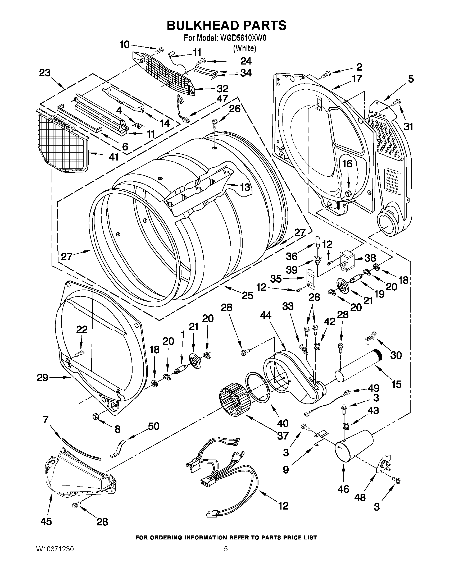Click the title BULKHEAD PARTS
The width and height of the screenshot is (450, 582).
pyautogui.click(x=226, y=25)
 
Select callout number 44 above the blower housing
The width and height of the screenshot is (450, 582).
pyautogui.click(x=266, y=315)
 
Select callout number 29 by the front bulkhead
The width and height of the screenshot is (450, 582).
pyautogui.click(x=43, y=378)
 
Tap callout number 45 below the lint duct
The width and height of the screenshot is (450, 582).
pyautogui.click(x=46, y=521)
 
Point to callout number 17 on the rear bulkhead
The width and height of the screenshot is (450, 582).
pyautogui.click(x=357, y=79)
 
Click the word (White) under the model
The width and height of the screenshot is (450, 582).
pyautogui.click(x=244, y=48)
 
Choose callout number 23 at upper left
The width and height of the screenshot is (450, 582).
pyautogui.click(x=45, y=73)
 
